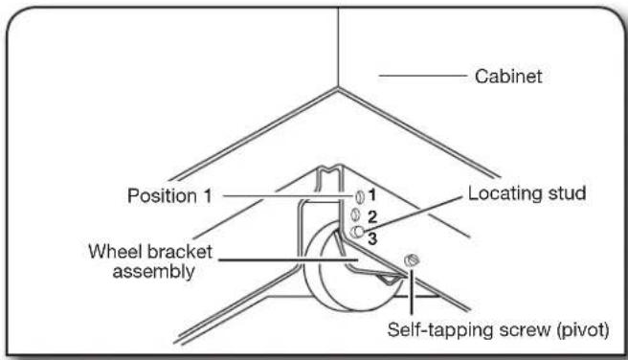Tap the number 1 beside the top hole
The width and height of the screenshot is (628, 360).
point(370,196)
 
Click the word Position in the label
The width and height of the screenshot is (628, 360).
point(162,196)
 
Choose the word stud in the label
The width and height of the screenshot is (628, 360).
point(564,194)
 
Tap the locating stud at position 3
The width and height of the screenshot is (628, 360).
point(357,232)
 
